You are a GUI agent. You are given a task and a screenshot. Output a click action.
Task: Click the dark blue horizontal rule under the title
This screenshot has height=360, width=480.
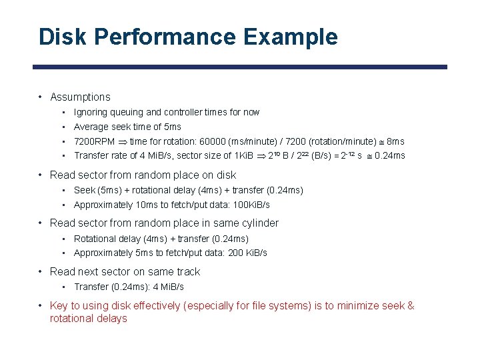[240, 67]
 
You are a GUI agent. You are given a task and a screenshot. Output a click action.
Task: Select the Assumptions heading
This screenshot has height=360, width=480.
[80, 97]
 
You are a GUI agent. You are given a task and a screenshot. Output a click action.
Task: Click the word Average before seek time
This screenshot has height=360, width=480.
[90, 127]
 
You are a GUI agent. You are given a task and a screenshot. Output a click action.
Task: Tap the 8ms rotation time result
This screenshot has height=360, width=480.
[395, 141]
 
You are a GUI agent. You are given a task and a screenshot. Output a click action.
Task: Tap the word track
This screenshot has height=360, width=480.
[187, 272]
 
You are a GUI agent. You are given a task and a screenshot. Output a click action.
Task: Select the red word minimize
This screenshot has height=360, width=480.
[359, 306]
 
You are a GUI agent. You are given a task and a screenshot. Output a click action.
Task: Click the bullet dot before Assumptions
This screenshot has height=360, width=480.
[41, 97]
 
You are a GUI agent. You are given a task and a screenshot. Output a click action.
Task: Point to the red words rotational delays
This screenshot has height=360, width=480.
[88, 319]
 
